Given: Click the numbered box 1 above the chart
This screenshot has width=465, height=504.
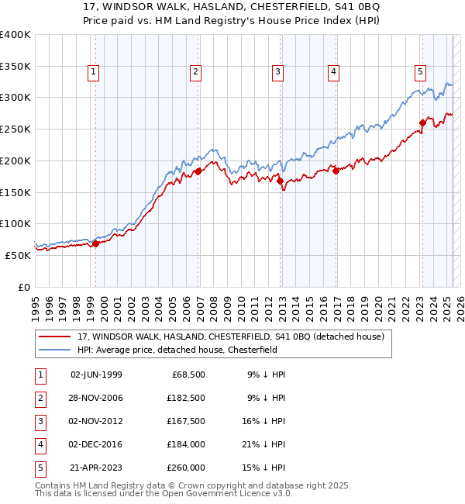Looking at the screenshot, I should (x=93, y=73).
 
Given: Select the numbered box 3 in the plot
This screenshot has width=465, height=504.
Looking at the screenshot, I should (x=277, y=73).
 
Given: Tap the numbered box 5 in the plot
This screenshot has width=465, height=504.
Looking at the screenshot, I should (x=420, y=73).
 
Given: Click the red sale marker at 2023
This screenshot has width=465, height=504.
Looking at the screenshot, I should (x=422, y=122).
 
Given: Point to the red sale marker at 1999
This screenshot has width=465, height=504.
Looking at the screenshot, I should (x=95, y=243).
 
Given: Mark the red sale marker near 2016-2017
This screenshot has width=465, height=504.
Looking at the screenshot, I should (x=336, y=171).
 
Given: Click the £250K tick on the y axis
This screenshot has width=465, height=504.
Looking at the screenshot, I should (x=15, y=129).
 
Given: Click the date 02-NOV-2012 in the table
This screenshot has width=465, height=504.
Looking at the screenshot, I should (x=96, y=421).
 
